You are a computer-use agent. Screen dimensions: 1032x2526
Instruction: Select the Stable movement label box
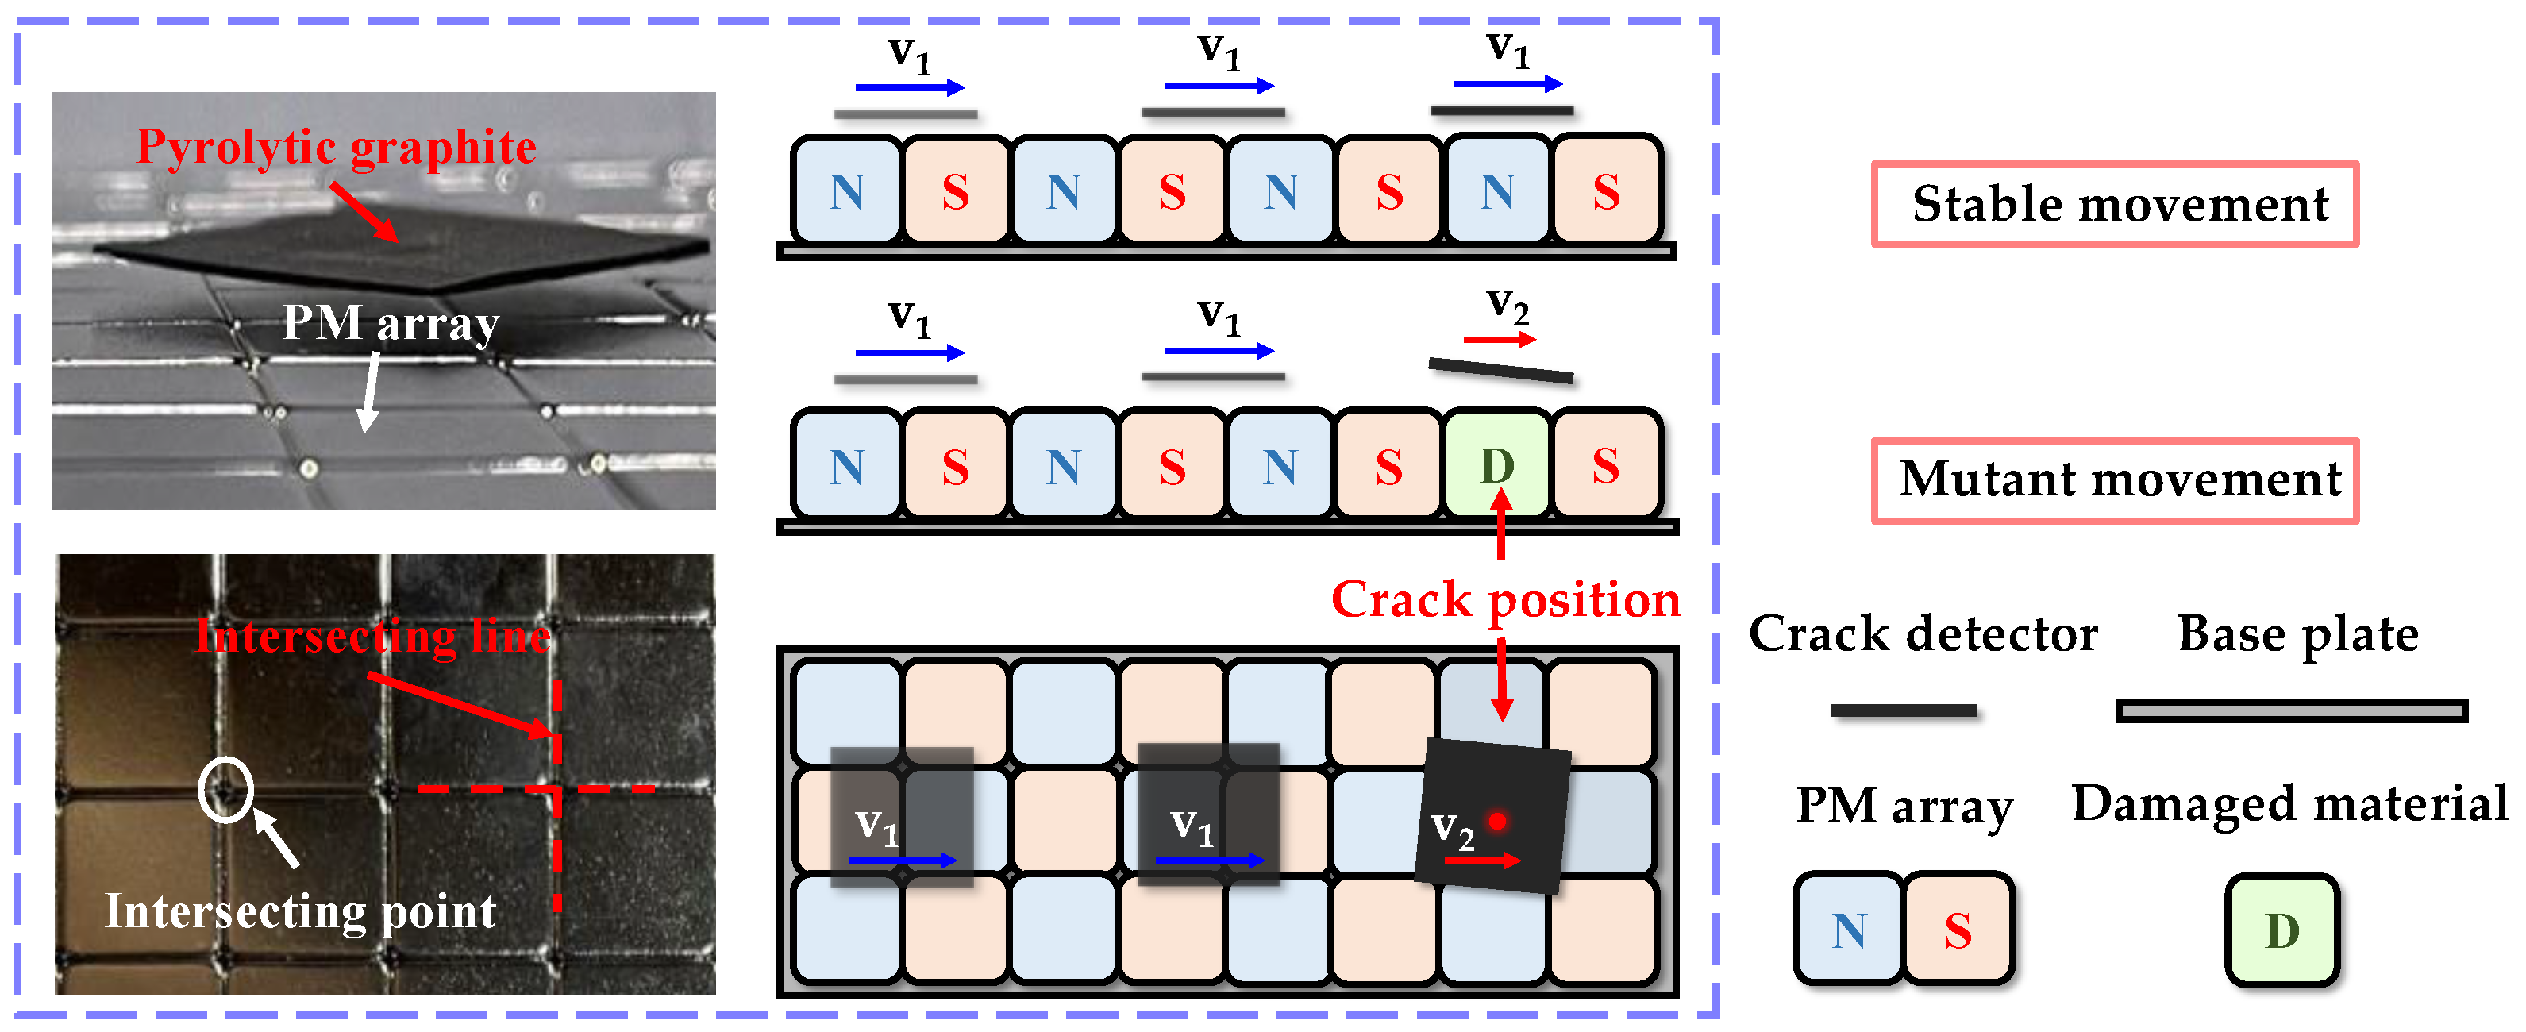pyautogui.click(x=2115, y=204)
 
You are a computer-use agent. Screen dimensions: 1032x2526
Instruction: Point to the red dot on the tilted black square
pyautogui.click(x=1496, y=820)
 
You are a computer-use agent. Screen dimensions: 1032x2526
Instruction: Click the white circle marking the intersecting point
pyautogui.click(x=225, y=789)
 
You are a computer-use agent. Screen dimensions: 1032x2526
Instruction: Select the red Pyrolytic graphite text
pyautogui.click(x=335, y=147)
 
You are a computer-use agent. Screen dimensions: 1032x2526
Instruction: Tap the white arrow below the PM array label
pyautogui.click(x=370, y=392)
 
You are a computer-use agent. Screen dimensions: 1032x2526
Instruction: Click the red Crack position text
pyautogui.click(x=1504, y=599)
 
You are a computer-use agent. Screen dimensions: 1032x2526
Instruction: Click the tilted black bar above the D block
pyautogui.click(x=1500, y=371)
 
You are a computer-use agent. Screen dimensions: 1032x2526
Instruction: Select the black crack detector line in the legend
pyautogui.click(x=1904, y=710)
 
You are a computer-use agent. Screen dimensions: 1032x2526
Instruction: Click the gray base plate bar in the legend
pyautogui.click(x=2291, y=710)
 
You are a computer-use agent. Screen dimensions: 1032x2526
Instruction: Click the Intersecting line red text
pyautogui.click(x=372, y=636)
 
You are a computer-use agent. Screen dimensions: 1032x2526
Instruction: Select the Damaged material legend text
pyautogui.click(x=2289, y=803)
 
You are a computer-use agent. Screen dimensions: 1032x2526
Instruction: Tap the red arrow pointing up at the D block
pyautogui.click(x=1500, y=525)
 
